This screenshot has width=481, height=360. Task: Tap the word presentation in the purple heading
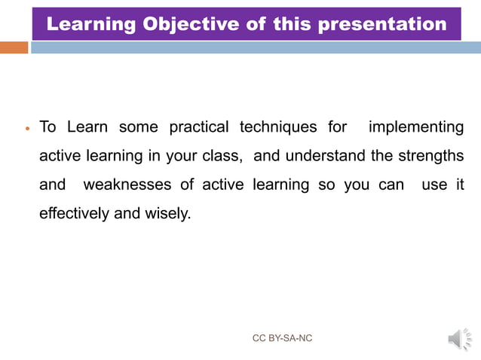click(x=382, y=24)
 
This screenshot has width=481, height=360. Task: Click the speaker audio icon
click(x=459, y=340)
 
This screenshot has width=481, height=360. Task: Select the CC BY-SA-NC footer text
click(x=282, y=339)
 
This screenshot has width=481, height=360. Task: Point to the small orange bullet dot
click(x=27, y=129)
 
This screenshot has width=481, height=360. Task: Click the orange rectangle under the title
click(x=14, y=47)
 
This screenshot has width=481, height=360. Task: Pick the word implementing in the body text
click(x=415, y=127)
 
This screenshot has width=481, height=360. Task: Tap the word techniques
click(x=278, y=127)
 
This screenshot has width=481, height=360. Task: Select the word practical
click(x=198, y=127)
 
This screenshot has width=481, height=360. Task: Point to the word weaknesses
click(x=127, y=185)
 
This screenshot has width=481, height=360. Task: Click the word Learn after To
click(x=87, y=127)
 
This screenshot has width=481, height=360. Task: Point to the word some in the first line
click(x=138, y=127)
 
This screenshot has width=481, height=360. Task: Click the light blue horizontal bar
click(x=256, y=47)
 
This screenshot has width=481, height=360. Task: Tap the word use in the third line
click(x=434, y=185)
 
